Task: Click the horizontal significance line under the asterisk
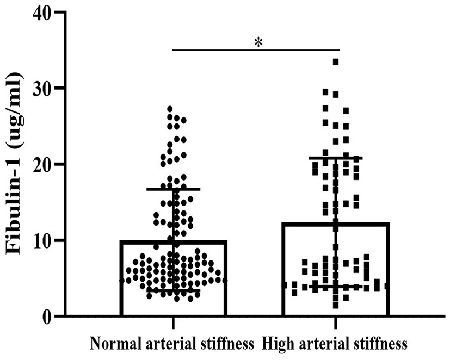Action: (256, 50)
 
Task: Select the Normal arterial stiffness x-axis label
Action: (172, 344)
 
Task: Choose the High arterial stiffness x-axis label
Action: (335, 344)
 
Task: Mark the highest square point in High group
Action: (336, 62)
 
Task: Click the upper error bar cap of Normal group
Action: (173, 189)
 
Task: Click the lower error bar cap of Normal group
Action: (173, 290)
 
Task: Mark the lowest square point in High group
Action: (336, 305)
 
